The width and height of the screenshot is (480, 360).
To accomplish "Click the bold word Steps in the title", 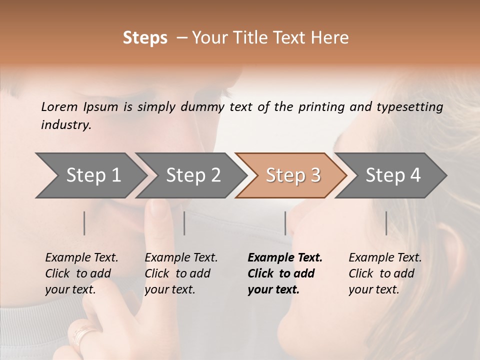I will [145, 38].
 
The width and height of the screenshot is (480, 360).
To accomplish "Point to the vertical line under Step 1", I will [84, 223].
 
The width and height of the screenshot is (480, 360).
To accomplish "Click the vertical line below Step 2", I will [184, 223].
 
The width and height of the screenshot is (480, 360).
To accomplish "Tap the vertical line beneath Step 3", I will [285, 223].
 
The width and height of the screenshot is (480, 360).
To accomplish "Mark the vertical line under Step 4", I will [386, 223].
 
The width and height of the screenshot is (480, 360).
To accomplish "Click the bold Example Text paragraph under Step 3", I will [284, 273].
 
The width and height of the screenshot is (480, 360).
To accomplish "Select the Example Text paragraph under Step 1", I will [81, 273].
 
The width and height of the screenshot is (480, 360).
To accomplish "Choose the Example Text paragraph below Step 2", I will [181, 273].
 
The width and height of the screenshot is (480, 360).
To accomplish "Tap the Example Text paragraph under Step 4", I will [385, 273].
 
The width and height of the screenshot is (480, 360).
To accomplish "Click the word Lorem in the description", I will [59, 106].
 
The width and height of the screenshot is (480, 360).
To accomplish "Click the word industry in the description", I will [66, 125].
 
